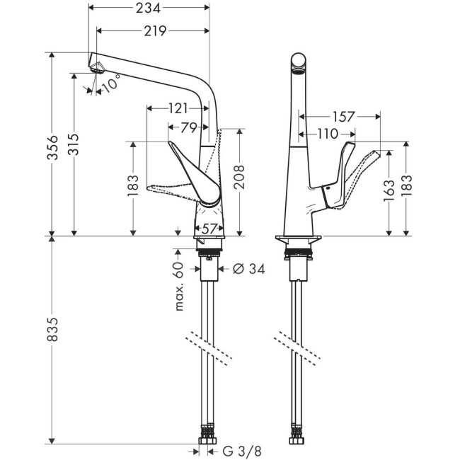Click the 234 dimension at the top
point(149,8)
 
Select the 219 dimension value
point(154,30)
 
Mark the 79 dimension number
point(188,127)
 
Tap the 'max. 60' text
point(179,286)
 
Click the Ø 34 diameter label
point(248,269)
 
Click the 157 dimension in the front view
point(343,116)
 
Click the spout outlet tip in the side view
point(96,67)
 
